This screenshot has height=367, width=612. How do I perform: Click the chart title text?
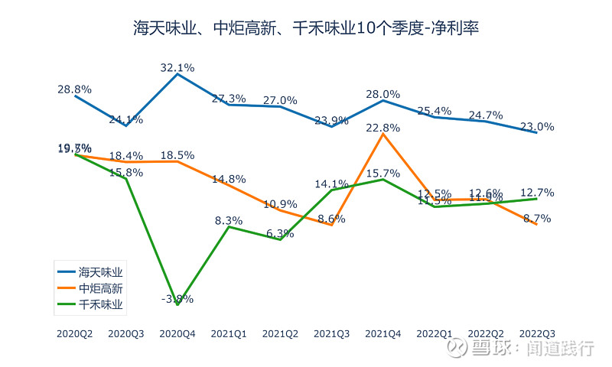pyautogui.click(x=306, y=29)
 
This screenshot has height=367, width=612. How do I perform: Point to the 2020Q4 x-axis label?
pyautogui.click(x=177, y=333)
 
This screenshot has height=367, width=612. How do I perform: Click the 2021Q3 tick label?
pyautogui.click(x=332, y=333)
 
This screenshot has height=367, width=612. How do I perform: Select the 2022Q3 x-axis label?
pyautogui.click(x=537, y=333)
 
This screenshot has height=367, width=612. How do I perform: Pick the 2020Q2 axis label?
pyautogui.click(x=75, y=333)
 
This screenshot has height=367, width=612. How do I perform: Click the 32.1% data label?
pyautogui.click(x=177, y=67)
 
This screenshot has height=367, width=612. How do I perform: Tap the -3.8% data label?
pyautogui.click(x=177, y=298)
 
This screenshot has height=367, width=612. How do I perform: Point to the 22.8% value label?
pyautogui.click(x=383, y=128)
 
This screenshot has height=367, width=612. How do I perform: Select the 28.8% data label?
pyautogui.click(x=74, y=89)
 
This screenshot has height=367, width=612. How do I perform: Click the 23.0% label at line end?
pyautogui.click(x=537, y=127)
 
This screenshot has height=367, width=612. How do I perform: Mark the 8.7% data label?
pyautogui.click(x=537, y=218)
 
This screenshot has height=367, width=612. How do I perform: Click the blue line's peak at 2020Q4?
pyautogui.click(x=177, y=74)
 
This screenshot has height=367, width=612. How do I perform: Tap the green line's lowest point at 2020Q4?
pyautogui.click(x=177, y=304)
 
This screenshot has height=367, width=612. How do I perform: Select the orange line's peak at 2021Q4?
pyautogui.click(x=383, y=135)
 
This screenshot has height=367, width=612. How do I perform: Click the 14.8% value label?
pyautogui.click(x=229, y=179)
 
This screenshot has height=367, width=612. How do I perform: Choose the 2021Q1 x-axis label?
pyautogui.click(x=229, y=333)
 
